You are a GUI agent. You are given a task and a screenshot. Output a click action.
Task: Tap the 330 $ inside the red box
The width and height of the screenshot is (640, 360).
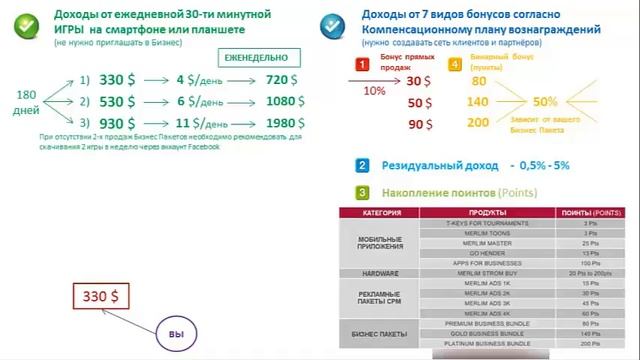(100, 297)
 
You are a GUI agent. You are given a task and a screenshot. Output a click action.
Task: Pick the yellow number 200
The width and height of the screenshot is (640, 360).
(478, 122)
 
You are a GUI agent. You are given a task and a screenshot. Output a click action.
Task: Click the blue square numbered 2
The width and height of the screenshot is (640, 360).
(361, 165)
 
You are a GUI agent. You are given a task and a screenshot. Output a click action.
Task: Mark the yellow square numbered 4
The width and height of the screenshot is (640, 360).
(455, 65)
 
